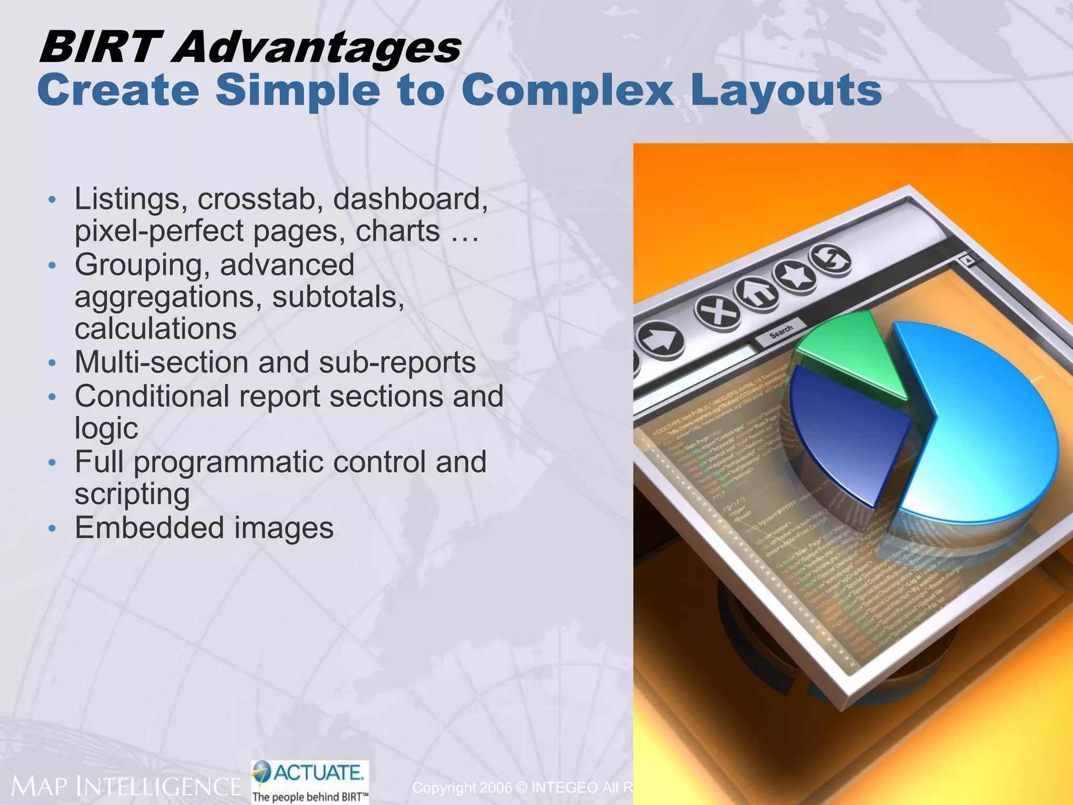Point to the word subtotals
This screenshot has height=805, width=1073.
click(x=338, y=297)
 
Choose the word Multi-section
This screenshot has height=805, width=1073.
click(x=162, y=362)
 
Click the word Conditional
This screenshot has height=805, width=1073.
click(x=152, y=396)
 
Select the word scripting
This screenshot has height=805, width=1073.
click(x=132, y=494)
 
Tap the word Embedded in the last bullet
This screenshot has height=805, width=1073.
click(x=150, y=528)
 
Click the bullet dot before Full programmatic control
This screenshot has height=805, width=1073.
click(x=51, y=463)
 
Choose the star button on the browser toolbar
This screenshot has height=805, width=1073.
click(x=795, y=274)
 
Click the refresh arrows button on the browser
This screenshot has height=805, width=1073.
click(x=830, y=258)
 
